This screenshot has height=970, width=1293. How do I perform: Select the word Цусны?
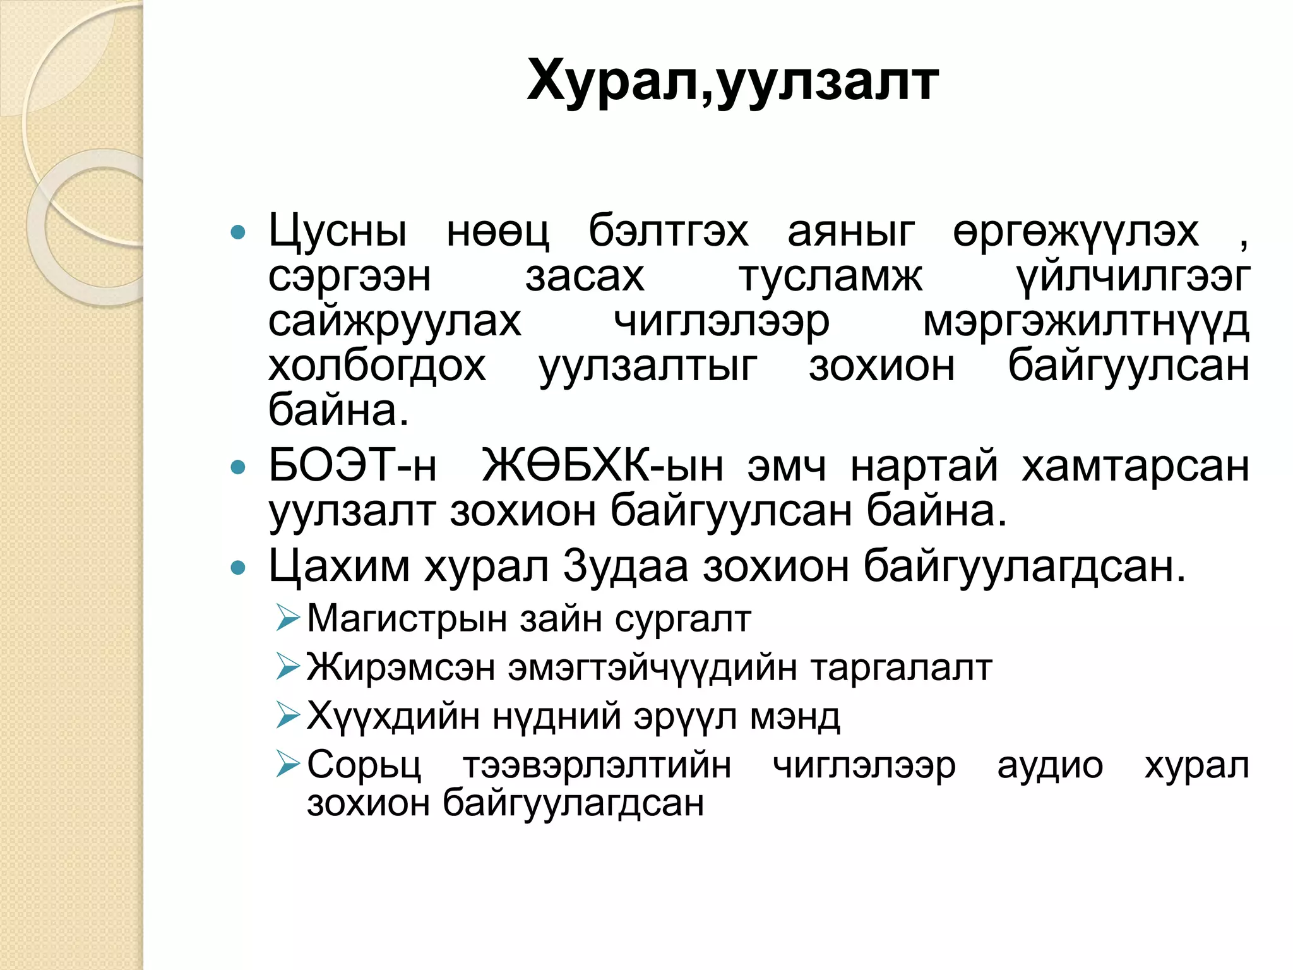point(338,232)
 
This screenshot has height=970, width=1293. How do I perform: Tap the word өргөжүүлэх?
point(1075,232)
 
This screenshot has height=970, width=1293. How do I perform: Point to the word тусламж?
point(830,277)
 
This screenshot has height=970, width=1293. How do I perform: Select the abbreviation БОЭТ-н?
point(352,466)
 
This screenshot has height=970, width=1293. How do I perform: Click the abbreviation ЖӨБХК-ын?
point(602,466)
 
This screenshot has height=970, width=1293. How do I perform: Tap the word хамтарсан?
point(1135,466)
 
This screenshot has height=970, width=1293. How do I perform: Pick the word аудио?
point(1050,766)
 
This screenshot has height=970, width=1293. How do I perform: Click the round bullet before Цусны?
point(238,233)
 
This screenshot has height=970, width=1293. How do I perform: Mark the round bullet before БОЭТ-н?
point(238,468)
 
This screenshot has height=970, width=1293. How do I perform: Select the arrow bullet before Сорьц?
point(288,765)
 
